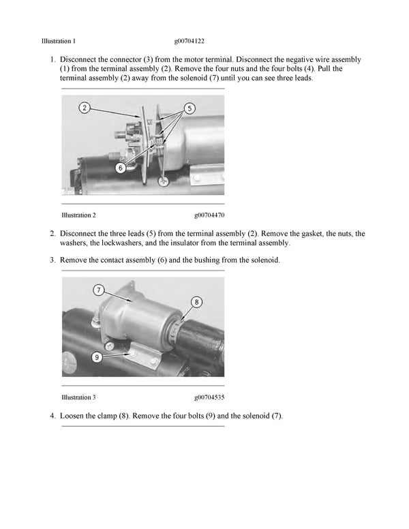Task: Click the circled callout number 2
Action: (x=84, y=108)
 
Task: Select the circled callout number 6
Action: (x=120, y=166)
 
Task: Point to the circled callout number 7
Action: (x=99, y=290)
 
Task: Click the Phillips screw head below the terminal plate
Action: (x=164, y=181)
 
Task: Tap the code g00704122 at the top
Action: (x=193, y=41)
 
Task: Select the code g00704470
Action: (x=209, y=215)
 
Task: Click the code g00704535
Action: (x=209, y=397)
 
